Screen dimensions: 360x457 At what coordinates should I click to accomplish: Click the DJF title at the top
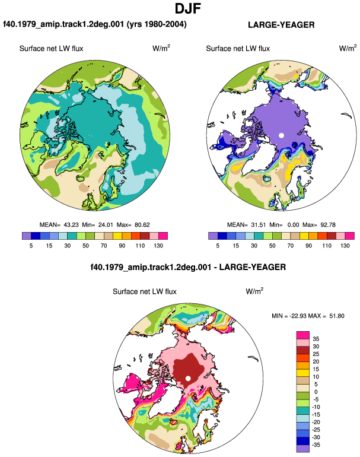[188, 8]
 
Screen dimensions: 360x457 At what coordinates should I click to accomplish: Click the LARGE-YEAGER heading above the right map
[281, 25]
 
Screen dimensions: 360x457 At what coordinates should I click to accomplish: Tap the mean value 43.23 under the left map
[71, 225]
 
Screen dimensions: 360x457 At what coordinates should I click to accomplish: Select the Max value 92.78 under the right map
[327, 225]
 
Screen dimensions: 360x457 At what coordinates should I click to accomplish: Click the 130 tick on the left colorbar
[158, 245]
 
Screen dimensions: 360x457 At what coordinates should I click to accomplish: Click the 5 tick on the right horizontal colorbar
[218, 245]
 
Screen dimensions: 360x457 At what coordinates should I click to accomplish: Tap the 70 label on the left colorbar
[104, 245]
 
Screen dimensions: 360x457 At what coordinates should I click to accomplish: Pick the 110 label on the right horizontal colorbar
[327, 245]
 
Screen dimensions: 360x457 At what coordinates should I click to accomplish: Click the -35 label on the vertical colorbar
[316, 445]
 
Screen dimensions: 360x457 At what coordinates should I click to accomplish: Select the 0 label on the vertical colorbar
[316, 392]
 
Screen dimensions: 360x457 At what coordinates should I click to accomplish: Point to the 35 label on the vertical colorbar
[316, 339]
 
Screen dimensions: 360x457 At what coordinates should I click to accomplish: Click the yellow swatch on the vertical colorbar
[303, 373]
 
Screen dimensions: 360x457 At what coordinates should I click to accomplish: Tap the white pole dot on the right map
[281, 135]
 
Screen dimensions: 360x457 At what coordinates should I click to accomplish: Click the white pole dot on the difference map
[188, 378]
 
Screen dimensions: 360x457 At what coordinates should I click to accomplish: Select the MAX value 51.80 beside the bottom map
[337, 316]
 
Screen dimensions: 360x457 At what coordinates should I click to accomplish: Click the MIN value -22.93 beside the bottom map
[298, 316]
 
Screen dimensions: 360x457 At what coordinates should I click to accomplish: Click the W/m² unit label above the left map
[161, 48]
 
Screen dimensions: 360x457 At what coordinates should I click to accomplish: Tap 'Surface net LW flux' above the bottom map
[145, 291]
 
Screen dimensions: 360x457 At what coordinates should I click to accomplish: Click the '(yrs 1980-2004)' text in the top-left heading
[157, 24]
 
